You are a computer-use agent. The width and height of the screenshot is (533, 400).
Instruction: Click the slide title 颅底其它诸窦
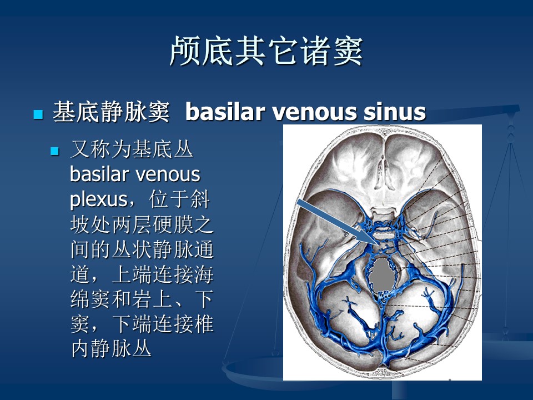pyautogui.click(x=266, y=51)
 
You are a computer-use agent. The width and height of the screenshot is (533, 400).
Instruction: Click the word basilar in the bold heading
pyautogui.click(x=225, y=111)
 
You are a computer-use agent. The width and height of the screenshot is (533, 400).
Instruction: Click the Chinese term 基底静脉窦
pyautogui.click(x=111, y=112)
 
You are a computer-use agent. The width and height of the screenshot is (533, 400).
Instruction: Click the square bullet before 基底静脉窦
pyautogui.click(x=38, y=114)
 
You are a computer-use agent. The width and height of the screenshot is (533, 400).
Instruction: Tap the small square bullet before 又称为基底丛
pyautogui.click(x=55, y=151)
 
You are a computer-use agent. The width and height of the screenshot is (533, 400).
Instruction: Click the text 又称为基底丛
pyautogui.click(x=132, y=149)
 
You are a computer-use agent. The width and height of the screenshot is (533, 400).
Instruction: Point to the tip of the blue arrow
pyautogui.click(x=380, y=244)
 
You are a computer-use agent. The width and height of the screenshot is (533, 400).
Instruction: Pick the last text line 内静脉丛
pyautogui.click(x=111, y=348)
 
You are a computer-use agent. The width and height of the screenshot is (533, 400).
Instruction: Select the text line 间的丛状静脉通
pyautogui.click(x=142, y=249)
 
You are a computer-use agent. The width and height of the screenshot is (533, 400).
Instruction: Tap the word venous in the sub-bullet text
pyautogui.click(x=168, y=174)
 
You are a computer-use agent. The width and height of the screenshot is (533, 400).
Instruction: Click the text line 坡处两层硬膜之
pyautogui.click(x=142, y=224)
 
